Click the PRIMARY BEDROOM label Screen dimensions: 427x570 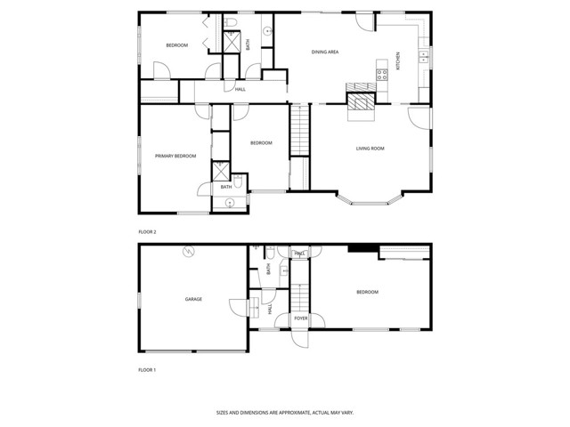click(175, 157)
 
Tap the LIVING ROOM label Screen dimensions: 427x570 click(370, 149)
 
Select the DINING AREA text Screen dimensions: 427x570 click(324, 52)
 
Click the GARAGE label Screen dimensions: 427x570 click(193, 299)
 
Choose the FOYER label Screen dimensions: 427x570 click(301, 318)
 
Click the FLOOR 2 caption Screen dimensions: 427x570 click(147, 232)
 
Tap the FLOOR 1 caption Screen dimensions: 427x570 click(147, 368)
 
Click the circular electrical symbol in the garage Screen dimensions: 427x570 click(188, 254)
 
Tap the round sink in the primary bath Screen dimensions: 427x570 click(230, 203)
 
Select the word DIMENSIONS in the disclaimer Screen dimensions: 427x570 click(266, 412)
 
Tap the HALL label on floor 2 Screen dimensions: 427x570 click(240, 89)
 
